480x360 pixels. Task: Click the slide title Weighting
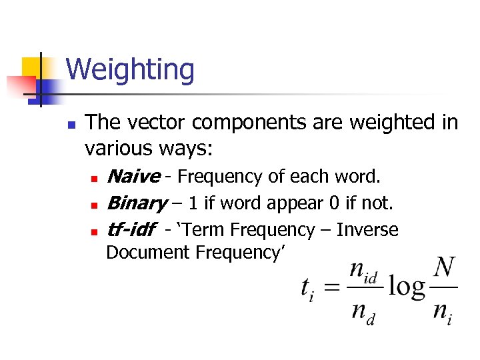coord(130,70)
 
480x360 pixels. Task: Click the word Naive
coord(133,177)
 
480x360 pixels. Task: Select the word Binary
coord(136,203)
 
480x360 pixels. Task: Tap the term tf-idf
coord(130,230)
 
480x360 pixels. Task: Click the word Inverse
coord(367,230)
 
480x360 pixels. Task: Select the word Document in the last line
coord(148,253)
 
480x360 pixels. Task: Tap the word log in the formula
coord(406,287)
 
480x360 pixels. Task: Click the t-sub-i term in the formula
coord(307,289)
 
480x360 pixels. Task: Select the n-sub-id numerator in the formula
coord(363,272)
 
